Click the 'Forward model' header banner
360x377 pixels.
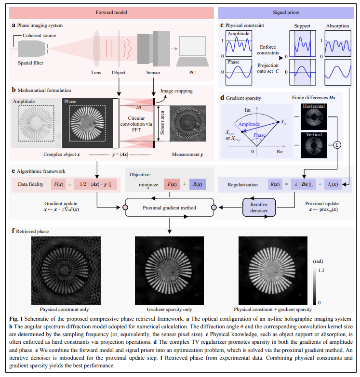coord(109,11)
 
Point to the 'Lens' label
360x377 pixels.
coord(96,73)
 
